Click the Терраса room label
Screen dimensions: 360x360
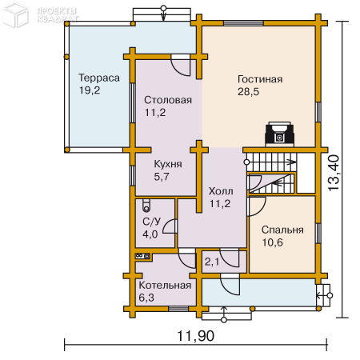(99, 78)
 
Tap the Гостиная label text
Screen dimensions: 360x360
(260, 79)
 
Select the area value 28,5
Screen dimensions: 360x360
(248, 92)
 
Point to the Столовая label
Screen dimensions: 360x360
(168, 100)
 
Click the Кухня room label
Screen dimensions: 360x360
(168, 164)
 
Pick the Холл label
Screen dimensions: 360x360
(221, 191)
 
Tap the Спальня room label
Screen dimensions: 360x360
(282, 230)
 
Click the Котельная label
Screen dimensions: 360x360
(165, 286)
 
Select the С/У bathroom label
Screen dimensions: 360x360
(152, 222)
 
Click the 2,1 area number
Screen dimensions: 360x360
(212, 262)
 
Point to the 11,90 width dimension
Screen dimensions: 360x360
(196, 335)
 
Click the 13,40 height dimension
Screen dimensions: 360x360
(334, 173)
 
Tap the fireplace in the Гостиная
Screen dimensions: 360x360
(279, 134)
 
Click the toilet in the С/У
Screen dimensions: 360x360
(146, 206)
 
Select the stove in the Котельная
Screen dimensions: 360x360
(143, 256)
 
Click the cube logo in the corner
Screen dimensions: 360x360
(15, 15)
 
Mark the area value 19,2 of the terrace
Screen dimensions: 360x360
(90, 90)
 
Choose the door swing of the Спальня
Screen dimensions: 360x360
(257, 206)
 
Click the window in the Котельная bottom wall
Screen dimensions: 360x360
(178, 309)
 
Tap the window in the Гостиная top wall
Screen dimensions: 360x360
(243, 23)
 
